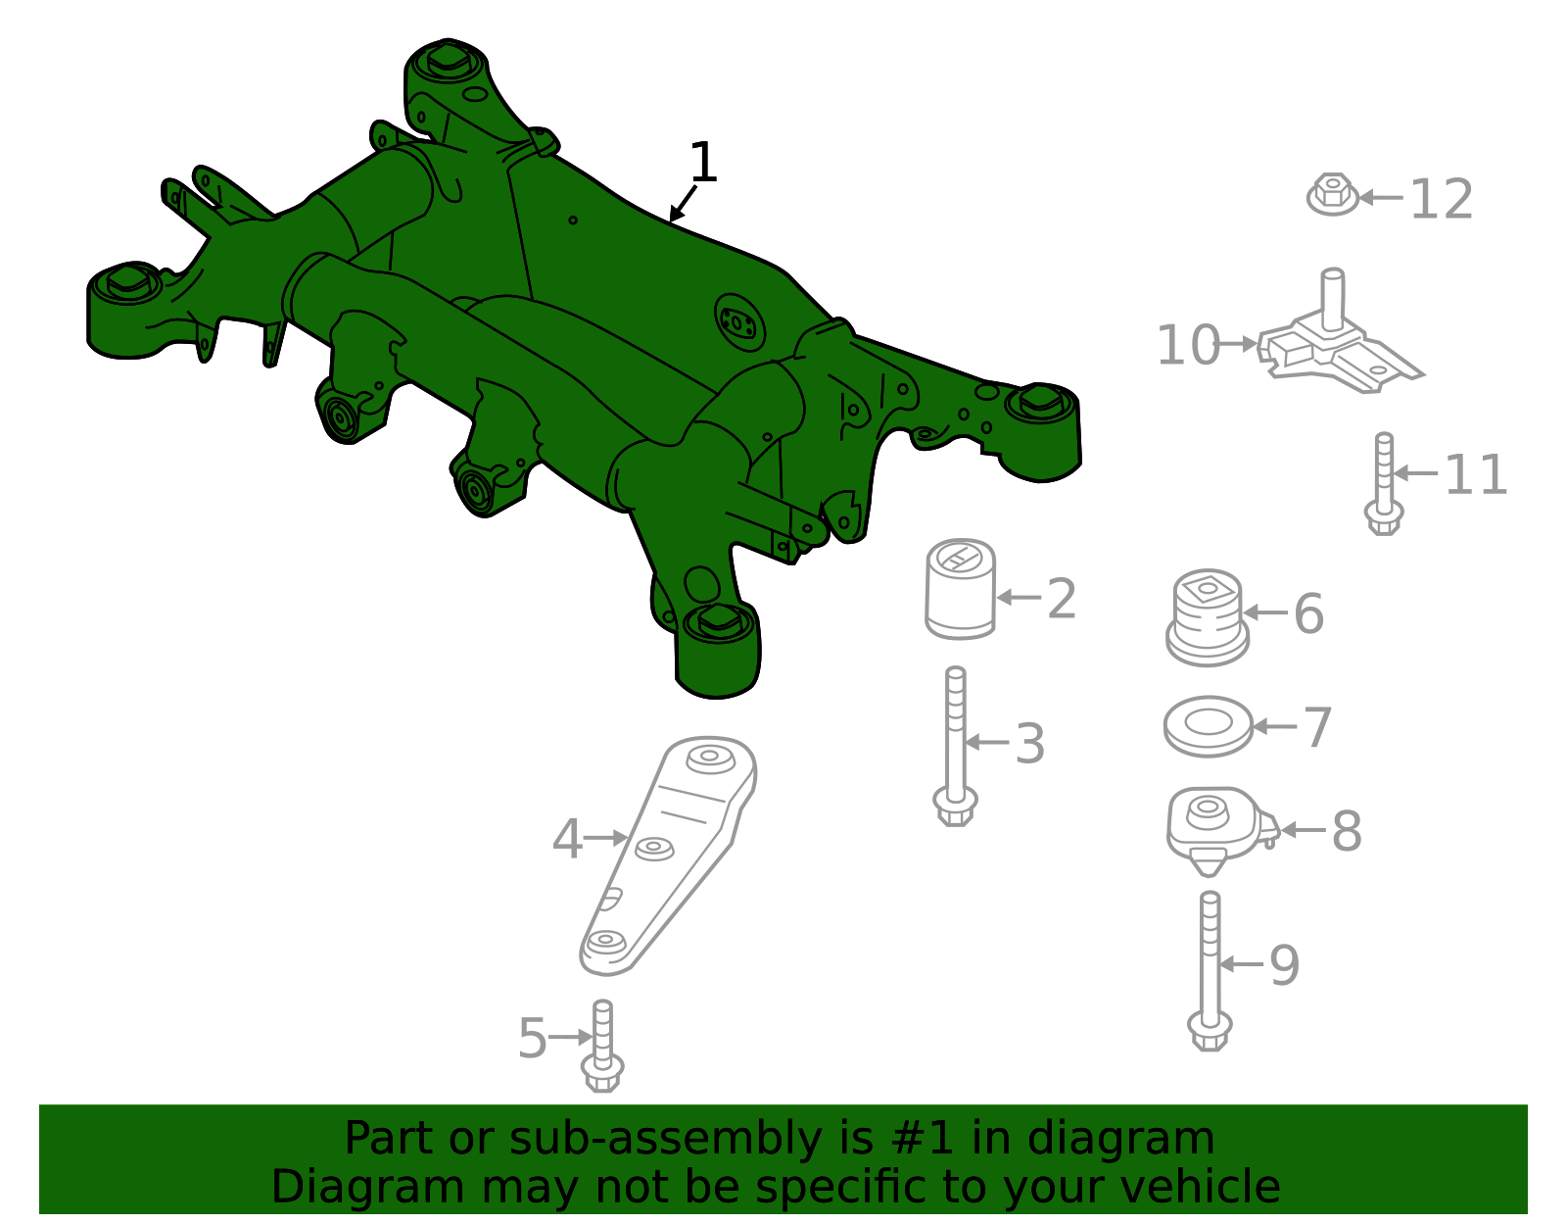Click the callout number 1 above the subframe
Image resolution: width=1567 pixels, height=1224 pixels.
(x=703, y=162)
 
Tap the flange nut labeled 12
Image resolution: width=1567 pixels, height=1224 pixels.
(x=1332, y=194)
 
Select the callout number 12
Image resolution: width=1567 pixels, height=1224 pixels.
(x=1441, y=199)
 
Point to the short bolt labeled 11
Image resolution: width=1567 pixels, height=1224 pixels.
(x=1383, y=483)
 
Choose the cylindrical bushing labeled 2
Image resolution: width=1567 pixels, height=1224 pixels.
(x=960, y=589)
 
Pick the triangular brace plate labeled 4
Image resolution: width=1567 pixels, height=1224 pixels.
(x=667, y=855)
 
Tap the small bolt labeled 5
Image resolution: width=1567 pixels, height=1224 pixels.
(x=602, y=1045)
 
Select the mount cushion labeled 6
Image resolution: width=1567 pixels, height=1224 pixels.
(x=1208, y=617)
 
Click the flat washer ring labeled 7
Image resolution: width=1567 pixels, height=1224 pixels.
(x=1208, y=725)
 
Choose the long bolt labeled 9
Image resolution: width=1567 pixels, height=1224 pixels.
(x=1210, y=970)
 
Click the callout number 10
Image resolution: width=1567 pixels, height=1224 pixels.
(x=1188, y=345)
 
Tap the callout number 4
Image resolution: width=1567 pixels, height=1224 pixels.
(x=567, y=838)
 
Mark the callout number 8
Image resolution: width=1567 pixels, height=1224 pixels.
(x=1347, y=832)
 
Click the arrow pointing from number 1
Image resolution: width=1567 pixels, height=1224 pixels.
(x=683, y=204)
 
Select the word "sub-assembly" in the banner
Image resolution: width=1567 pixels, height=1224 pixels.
(x=665, y=1139)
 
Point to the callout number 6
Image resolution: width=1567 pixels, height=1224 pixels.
(x=1308, y=614)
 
